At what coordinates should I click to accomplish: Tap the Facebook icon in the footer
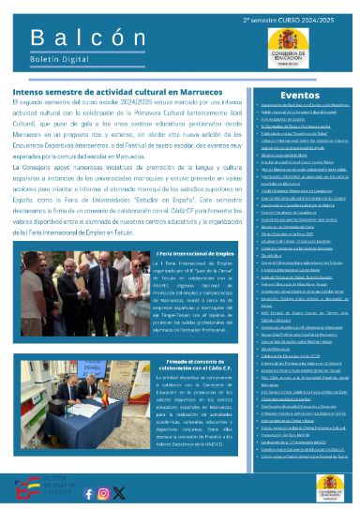coord(90,492)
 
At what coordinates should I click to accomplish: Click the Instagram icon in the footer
coord(105,492)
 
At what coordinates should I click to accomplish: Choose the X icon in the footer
coord(119,492)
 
